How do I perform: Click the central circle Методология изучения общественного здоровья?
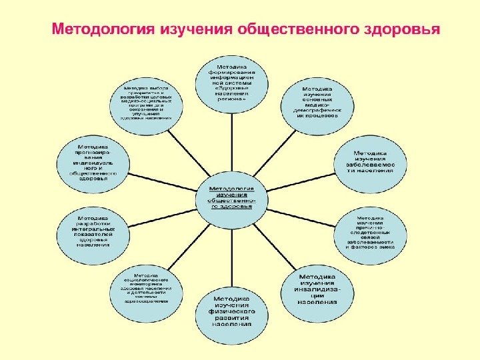click(231, 193)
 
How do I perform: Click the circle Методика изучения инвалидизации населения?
click(316, 288)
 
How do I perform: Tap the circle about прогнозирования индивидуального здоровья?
click(93, 160)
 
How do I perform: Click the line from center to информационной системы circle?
click(232, 137)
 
